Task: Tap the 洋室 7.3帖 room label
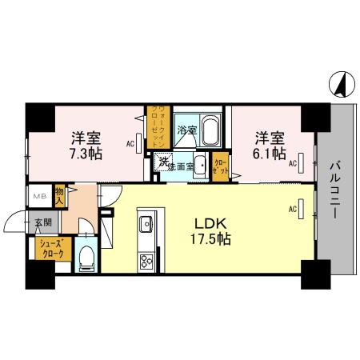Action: (x=85, y=144)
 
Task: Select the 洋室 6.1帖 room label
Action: (x=270, y=144)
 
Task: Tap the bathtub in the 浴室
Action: (x=210, y=128)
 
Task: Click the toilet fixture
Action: (x=87, y=258)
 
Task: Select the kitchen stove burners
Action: (x=147, y=261)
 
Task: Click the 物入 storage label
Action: (x=61, y=194)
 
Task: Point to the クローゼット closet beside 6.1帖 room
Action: (x=220, y=166)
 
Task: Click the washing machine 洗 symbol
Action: (x=163, y=163)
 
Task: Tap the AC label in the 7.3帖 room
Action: (x=130, y=144)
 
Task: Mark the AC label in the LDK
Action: (x=292, y=210)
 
